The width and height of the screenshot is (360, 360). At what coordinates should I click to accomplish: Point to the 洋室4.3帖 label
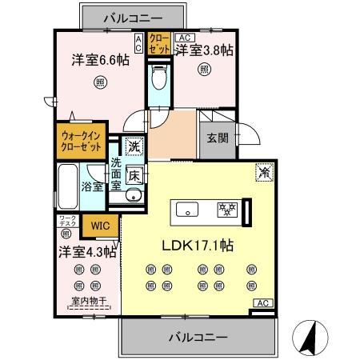pos(86,250)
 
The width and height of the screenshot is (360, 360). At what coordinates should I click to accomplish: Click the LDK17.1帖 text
pos(199,244)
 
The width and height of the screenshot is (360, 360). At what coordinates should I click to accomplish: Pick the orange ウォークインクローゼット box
pos(82,142)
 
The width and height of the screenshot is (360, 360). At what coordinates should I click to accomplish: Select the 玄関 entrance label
pos(213,138)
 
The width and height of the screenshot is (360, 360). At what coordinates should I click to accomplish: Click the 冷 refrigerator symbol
pos(263,170)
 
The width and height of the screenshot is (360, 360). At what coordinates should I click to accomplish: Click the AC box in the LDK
pos(262,302)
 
